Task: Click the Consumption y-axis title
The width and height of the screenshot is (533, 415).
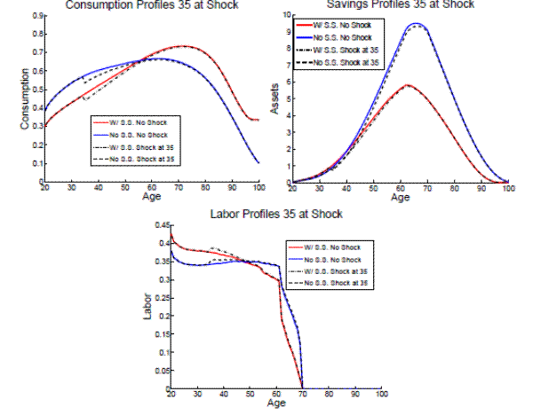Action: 25,98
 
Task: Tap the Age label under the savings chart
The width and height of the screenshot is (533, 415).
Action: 401,197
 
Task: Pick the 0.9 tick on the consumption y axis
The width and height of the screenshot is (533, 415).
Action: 36,16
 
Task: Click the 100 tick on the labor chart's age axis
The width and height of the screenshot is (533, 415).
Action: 382,395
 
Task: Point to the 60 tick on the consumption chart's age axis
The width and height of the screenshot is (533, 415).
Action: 151,188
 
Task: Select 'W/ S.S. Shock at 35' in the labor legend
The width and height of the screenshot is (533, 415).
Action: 339,270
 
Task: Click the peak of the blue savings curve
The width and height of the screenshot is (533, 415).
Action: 415,24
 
